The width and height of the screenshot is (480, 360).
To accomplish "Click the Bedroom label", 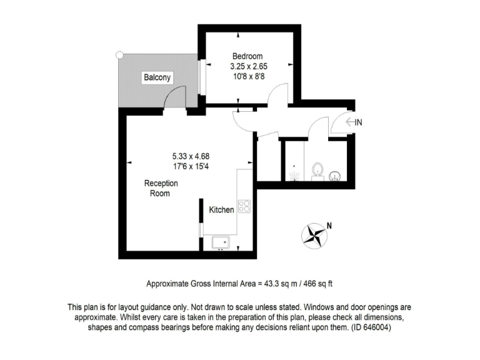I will (x=247, y=56).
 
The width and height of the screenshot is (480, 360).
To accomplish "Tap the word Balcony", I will (x=157, y=77).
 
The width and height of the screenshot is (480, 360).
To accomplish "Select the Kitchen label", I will (x=221, y=210).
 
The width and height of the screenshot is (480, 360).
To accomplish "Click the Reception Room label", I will (x=161, y=188).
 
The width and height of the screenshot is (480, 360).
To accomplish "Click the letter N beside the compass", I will (x=329, y=226).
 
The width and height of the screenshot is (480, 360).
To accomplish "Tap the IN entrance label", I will (x=358, y=122).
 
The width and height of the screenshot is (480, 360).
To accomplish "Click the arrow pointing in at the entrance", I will (x=349, y=122).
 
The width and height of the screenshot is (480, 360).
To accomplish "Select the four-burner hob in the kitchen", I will (x=244, y=206).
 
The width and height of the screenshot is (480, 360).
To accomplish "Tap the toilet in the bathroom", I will (x=317, y=169).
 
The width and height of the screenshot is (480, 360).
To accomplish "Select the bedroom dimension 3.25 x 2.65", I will (x=248, y=66).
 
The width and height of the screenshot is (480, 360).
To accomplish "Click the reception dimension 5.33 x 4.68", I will (x=190, y=156).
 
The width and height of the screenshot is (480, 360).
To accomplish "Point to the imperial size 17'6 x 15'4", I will (x=190, y=166).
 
